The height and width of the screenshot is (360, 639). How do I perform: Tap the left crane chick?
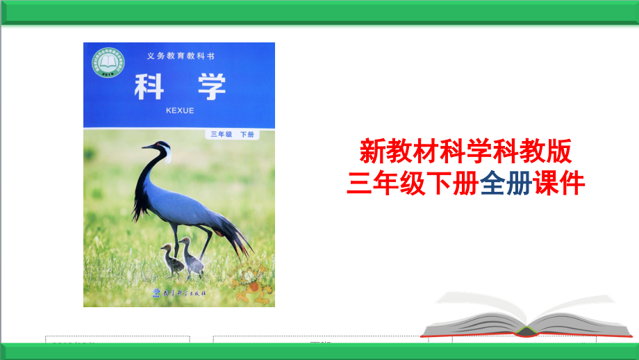169,258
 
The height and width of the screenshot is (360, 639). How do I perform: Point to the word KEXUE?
181,110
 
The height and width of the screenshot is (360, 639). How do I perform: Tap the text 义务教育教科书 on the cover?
181,55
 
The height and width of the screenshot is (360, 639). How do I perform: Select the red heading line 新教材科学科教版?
466,149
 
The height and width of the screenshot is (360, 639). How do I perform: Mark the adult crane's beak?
147,147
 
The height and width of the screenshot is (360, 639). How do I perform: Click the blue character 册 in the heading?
519,183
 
